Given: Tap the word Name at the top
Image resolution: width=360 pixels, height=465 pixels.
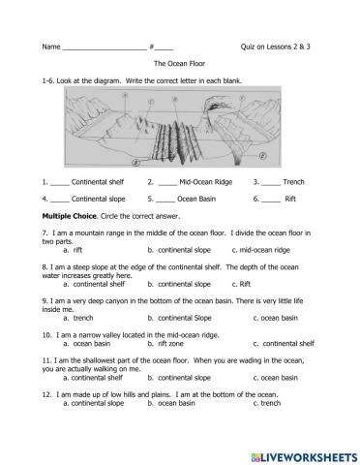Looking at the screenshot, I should (x=51, y=46).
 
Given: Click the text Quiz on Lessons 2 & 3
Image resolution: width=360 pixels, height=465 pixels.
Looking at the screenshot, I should (x=275, y=46).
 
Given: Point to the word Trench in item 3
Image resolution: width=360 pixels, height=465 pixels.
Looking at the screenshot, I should (x=294, y=181).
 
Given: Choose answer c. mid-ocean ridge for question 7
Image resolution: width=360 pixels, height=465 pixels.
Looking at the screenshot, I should (x=270, y=250).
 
